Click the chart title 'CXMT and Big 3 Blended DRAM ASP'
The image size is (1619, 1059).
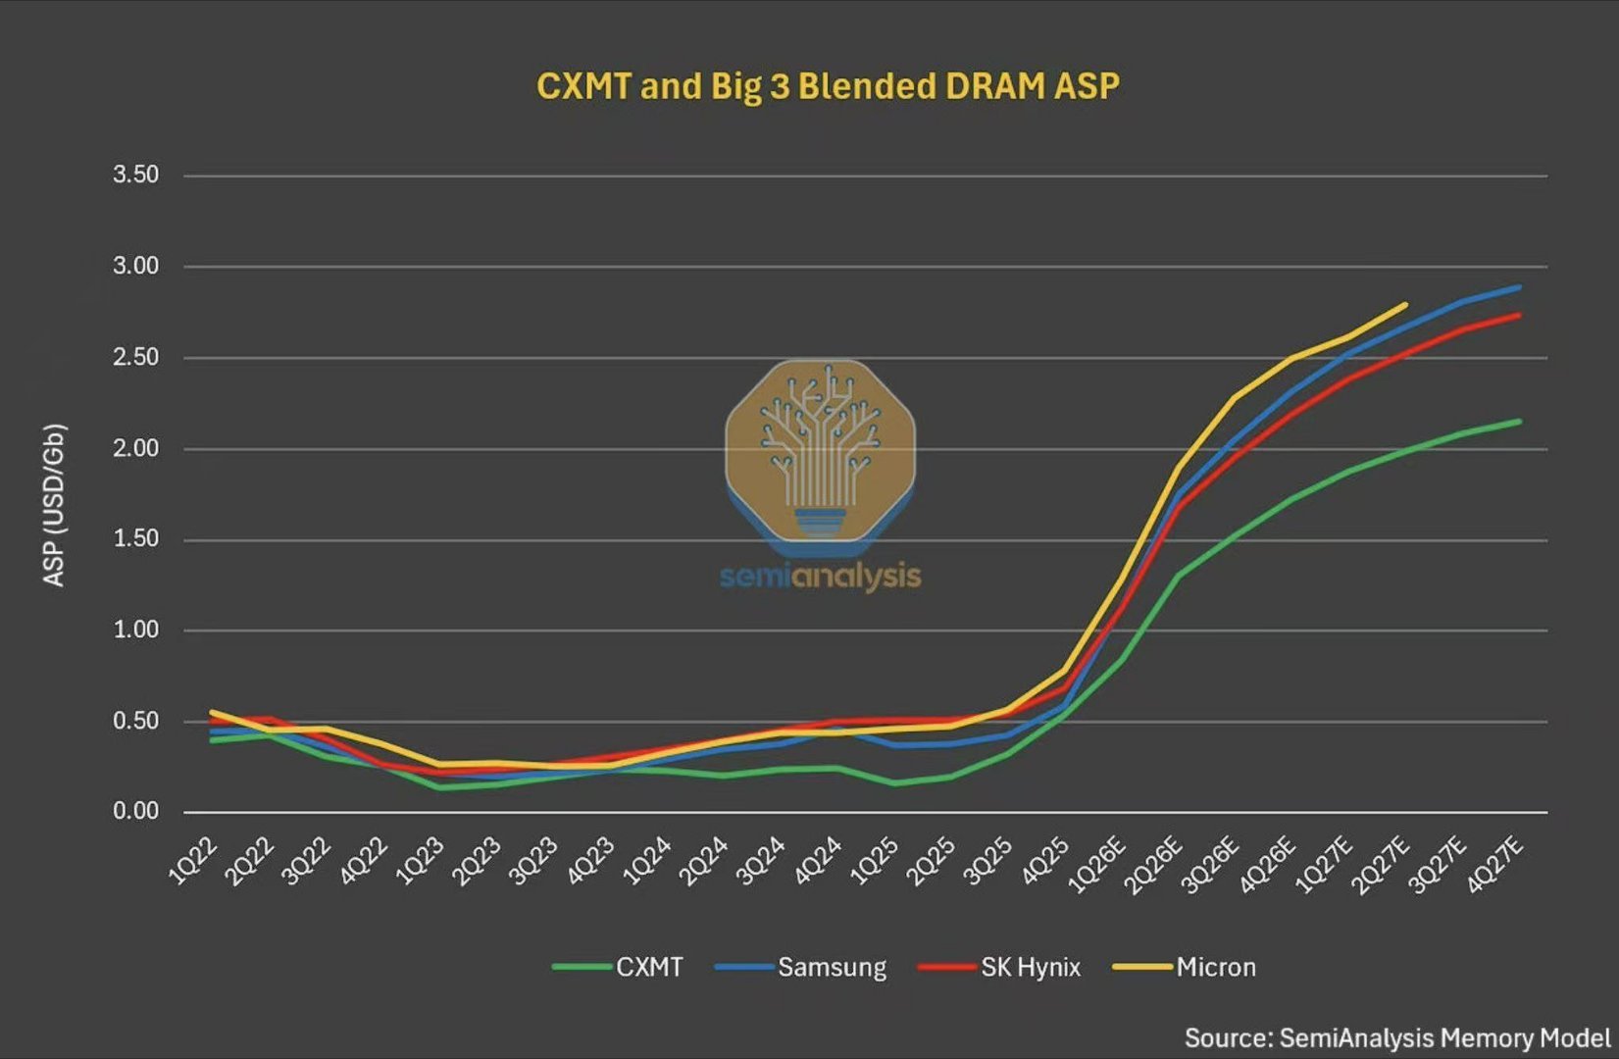click(x=828, y=86)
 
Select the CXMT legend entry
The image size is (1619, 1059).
click(x=618, y=967)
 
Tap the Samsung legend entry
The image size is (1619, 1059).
click(x=800, y=967)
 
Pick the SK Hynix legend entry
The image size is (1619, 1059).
click(x=999, y=967)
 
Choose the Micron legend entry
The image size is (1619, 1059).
click(x=1184, y=967)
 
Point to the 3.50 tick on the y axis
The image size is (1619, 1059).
click(x=136, y=175)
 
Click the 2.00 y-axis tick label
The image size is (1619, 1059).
click(x=136, y=448)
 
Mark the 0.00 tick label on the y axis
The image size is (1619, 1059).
click(x=136, y=811)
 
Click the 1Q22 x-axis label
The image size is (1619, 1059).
click(x=193, y=860)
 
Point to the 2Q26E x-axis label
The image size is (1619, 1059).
click(x=1154, y=865)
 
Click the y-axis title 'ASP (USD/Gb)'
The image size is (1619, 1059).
click(x=54, y=505)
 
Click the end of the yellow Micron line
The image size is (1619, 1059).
click(x=1406, y=304)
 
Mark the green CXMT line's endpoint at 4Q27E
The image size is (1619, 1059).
click(x=1520, y=422)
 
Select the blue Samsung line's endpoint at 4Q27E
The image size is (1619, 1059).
click(x=1520, y=287)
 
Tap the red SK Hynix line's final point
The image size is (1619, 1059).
click(x=1520, y=315)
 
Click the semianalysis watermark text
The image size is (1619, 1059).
click(x=821, y=577)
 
